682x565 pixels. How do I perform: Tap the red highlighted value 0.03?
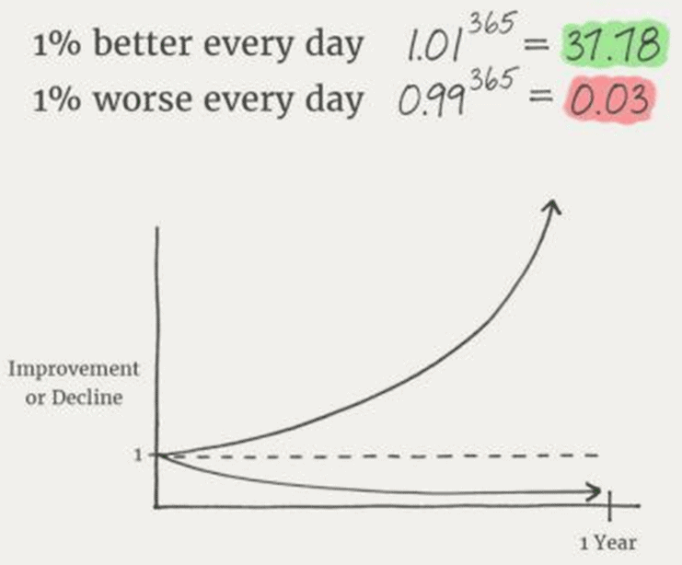point(609,99)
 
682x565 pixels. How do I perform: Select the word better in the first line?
point(143,43)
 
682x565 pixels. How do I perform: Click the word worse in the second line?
point(143,99)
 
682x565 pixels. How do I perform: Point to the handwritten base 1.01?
point(433,46)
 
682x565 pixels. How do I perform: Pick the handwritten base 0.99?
point(430,101)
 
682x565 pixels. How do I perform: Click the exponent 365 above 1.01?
point(492,24)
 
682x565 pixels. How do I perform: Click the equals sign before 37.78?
point(536,43)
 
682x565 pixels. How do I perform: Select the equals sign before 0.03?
point(540,98)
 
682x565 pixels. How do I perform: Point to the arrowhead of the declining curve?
point(595,492)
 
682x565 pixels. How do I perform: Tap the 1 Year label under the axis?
point(608,542)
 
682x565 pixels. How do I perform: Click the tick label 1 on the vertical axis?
point(138,455)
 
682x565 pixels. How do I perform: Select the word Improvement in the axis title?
point(74,369)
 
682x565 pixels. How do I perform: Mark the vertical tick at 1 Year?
point(610,505)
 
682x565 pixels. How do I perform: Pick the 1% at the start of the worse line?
point(56,99)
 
